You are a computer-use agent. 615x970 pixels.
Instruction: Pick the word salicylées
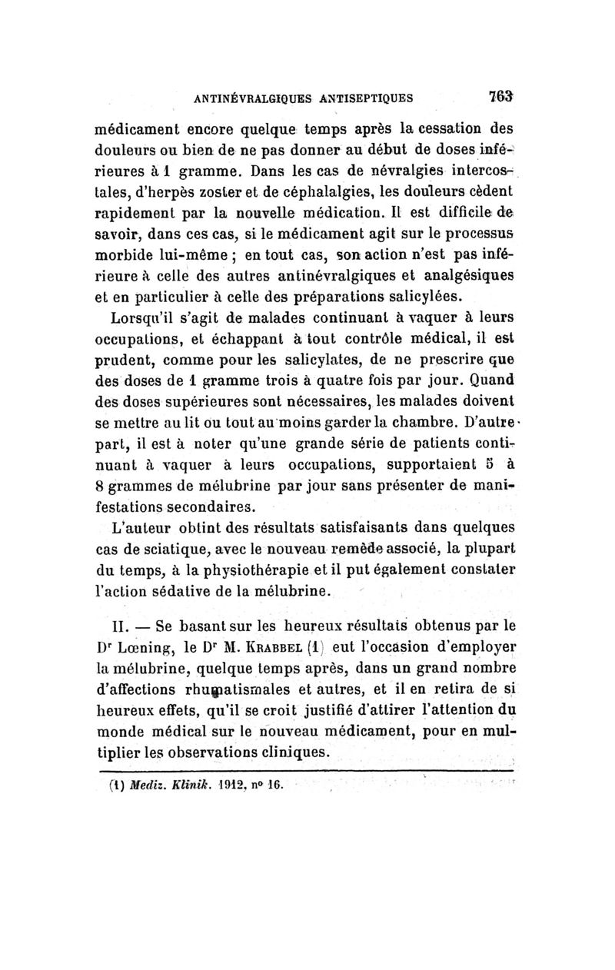pyautogui.click(x=422, y=295)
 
